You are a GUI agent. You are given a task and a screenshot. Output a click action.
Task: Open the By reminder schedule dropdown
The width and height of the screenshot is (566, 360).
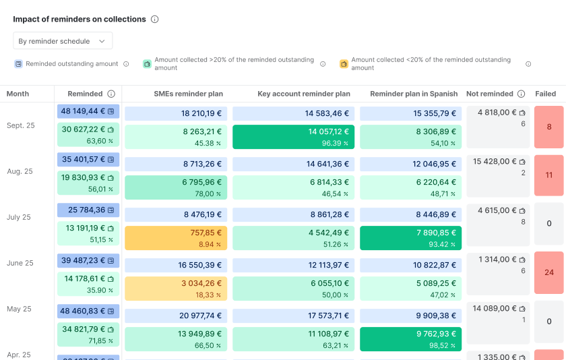tap(62, 41)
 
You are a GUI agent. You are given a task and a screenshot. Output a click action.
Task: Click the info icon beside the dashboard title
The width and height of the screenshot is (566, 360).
tap(154, 20)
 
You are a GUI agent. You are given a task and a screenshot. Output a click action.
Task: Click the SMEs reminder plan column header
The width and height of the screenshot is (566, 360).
tap(188, 94)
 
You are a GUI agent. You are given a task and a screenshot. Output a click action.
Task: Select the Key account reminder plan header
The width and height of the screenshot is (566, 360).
tap(304, 94)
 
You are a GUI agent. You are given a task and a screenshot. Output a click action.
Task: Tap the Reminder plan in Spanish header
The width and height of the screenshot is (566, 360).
tap(414, 94)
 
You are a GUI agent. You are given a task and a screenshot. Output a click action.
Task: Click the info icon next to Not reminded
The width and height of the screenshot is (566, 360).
tap(520, 94)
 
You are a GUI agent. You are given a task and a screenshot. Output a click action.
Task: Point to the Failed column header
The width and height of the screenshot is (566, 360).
tap(545, 94)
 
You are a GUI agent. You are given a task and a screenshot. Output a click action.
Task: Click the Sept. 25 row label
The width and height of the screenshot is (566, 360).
tap(20, 125)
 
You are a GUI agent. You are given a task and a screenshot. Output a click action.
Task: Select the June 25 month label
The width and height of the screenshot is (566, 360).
tap(20, 263)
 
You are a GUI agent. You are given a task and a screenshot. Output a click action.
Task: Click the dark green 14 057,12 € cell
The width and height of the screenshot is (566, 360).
tap(293, 137)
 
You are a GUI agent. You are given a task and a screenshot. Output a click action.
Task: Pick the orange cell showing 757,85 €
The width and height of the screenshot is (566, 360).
tap(176, 238)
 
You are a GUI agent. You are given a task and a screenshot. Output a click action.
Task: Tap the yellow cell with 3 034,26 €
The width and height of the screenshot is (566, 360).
tap(176, 289)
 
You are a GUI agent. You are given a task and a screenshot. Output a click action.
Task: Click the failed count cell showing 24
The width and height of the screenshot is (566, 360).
tap(548, 272)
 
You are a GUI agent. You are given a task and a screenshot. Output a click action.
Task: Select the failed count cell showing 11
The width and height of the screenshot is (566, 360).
tap(548, 175)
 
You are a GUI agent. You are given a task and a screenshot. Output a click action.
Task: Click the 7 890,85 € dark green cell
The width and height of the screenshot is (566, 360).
tap(410, 238)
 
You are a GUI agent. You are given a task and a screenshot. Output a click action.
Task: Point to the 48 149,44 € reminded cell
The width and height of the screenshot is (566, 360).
tap(88, 111)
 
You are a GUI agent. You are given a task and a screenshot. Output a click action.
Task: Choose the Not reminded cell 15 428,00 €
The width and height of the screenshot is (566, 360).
tap(499, 162)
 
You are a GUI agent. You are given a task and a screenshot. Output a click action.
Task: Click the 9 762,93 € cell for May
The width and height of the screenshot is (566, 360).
tap(410, 339)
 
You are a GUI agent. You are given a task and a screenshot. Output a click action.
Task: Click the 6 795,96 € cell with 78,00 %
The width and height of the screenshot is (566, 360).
tap(176, 187)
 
